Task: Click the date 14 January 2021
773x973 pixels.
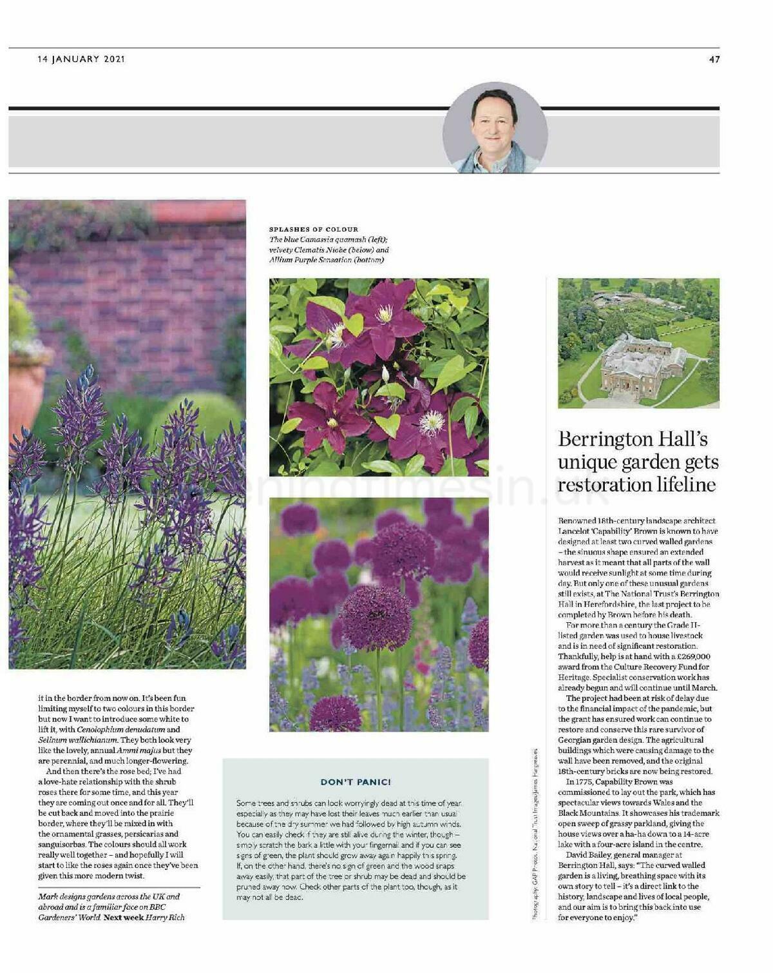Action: click(81, 59)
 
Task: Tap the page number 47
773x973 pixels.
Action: click(714, 59)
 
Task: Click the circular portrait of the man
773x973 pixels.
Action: click(495, 128)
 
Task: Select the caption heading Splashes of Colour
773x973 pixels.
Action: click(313, 229)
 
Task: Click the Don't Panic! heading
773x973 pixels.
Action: click(356, 782)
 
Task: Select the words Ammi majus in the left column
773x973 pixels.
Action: click(137, 751)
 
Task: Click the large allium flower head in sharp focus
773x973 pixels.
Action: click(375, 618)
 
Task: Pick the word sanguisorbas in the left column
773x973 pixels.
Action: click(62, 844)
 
